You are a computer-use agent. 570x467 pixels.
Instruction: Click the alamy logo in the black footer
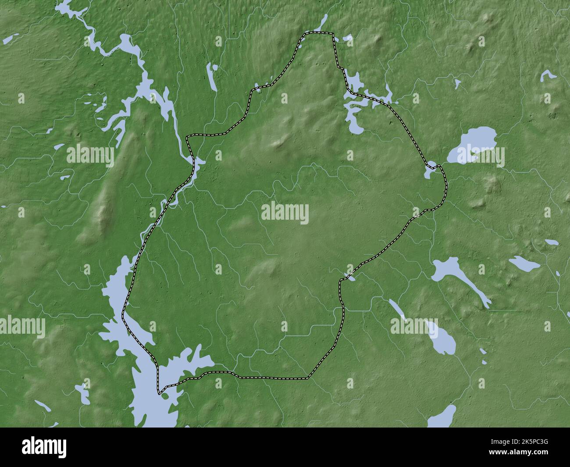point(46,446)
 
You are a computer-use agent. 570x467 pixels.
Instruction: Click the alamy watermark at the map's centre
point(285,214)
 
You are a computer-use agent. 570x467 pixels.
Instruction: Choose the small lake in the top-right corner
point(548,75)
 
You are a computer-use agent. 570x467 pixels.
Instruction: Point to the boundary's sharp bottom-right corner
point(308,377)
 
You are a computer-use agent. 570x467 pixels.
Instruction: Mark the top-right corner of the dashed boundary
point(331,34)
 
